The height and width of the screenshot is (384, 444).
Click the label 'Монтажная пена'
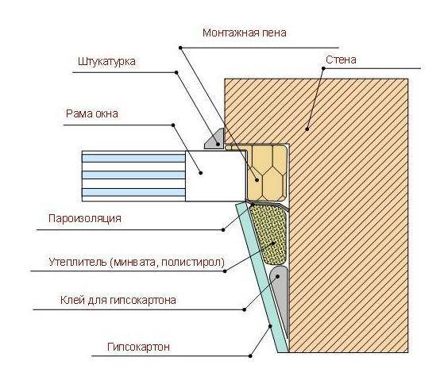click(245, 33)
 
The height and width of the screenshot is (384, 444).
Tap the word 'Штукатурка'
click(106, 61)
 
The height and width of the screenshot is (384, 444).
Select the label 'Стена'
click(341, 60)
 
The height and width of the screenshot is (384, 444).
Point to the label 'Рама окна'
click(92, 113)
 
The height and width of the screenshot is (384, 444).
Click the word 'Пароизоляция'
click(85, 218)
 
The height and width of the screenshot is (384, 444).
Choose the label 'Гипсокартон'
click(138, 347)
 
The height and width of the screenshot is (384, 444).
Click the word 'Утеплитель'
click(78, 262)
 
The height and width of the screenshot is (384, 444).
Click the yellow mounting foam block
click(267, 172)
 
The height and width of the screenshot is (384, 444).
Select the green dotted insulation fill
click(269, 236)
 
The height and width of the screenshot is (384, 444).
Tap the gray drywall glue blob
click(280, 294)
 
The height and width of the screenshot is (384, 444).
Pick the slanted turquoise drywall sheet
click(261, 277)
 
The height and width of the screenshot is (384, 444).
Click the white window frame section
click(215, 176)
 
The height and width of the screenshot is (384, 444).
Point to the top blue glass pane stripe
click(133, 158)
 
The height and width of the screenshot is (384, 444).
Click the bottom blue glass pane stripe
click(133, 193)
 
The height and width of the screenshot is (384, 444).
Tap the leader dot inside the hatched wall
click(307, 129)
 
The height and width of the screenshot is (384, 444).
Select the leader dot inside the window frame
click(201, 172)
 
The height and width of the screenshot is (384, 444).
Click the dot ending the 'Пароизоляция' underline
click(223, 230)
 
